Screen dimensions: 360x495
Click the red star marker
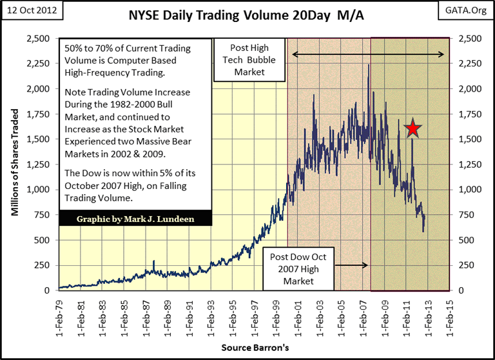(413, 128)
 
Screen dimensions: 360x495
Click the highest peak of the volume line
(369, 65)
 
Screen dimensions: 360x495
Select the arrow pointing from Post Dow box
(351, 265)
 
